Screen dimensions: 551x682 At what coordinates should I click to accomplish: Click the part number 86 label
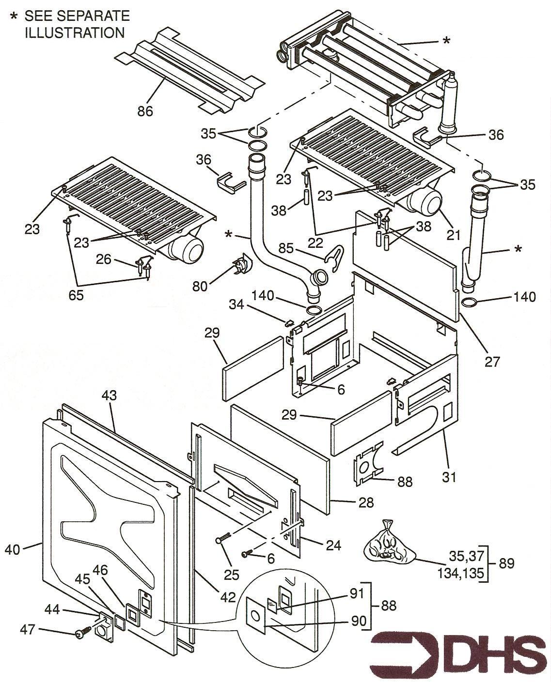(145, 111)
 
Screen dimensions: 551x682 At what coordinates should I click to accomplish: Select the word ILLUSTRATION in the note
(75, 33)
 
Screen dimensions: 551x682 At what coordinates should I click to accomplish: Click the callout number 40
(13, 549)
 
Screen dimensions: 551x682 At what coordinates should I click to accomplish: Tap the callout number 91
(357, 593)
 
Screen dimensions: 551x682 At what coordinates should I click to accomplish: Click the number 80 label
(200, 286)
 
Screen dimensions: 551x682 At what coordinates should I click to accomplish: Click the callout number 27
(492, 361)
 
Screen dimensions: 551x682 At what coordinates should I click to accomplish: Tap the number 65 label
(76, 295)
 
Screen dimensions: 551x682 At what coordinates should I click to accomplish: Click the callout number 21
(453, 235)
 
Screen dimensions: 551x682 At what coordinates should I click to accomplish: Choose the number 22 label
(315, 243)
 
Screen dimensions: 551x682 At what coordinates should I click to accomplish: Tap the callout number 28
(366, 502)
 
